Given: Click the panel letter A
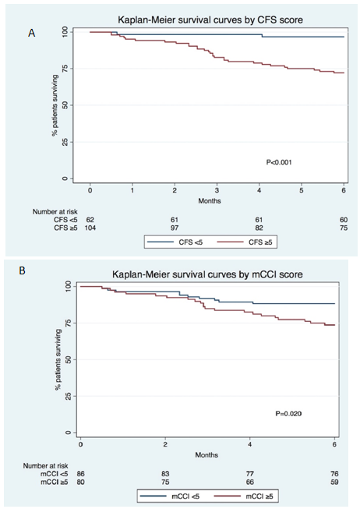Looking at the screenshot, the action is coord(32,33).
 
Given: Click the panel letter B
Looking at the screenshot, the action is coord(22,270).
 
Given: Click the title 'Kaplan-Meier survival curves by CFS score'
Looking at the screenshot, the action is coord(210,20).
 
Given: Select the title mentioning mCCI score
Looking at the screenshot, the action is coord(207,274).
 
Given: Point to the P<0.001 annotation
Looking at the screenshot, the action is coord(279,162).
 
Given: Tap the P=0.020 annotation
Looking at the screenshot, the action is coord(288,413).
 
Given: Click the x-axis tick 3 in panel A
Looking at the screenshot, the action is coord(217,190).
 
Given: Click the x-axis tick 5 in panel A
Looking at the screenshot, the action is coord(302,190).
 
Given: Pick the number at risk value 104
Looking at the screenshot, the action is coord(90,228).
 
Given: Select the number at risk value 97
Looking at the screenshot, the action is coord(175,228).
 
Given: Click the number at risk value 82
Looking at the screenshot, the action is coord(259,228).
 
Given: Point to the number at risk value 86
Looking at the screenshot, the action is coord(80,474).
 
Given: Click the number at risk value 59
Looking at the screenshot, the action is coord(334,482).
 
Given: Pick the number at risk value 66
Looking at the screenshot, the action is coord(250,482).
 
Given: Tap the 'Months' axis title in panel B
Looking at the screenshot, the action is coord(206,454).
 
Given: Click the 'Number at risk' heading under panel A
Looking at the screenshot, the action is coord(55,211).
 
